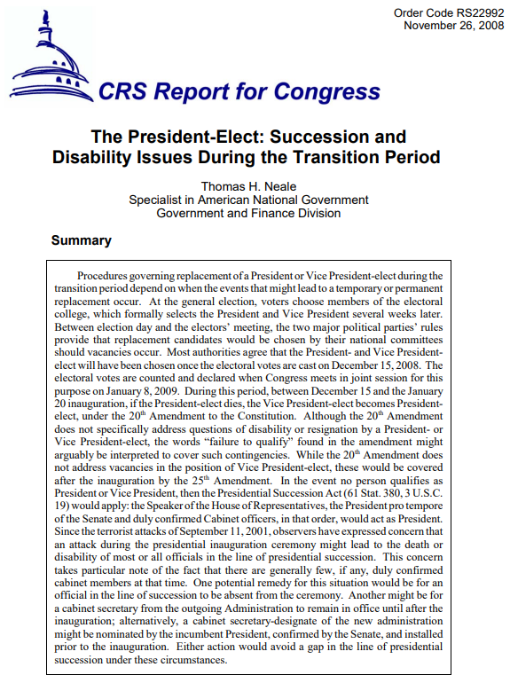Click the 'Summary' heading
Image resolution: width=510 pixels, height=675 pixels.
(x=81, y=240)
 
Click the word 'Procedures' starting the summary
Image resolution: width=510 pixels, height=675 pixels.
(x=104, y=277)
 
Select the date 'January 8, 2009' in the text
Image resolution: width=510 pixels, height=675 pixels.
(x=136, y=389)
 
